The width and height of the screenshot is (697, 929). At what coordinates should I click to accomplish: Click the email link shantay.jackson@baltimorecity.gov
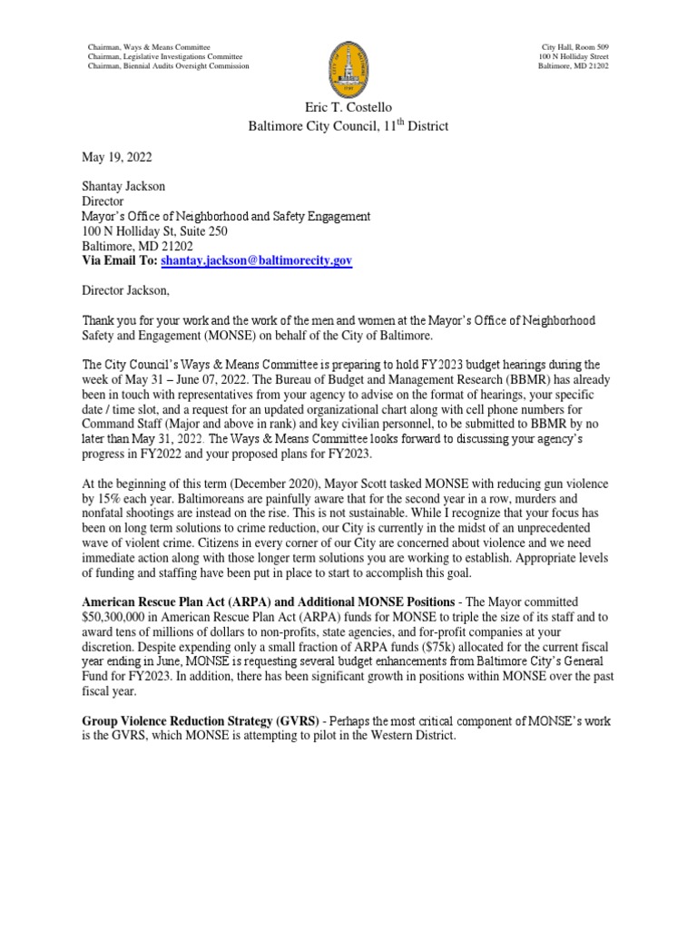[256, 260]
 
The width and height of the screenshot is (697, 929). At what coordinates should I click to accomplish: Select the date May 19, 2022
[115, 160]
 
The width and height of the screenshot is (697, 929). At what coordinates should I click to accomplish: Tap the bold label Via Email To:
[120, 260]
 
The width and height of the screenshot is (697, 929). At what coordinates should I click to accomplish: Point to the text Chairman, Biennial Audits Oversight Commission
[167, 67]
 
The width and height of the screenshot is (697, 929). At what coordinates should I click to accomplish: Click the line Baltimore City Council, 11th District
[348, 126]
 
